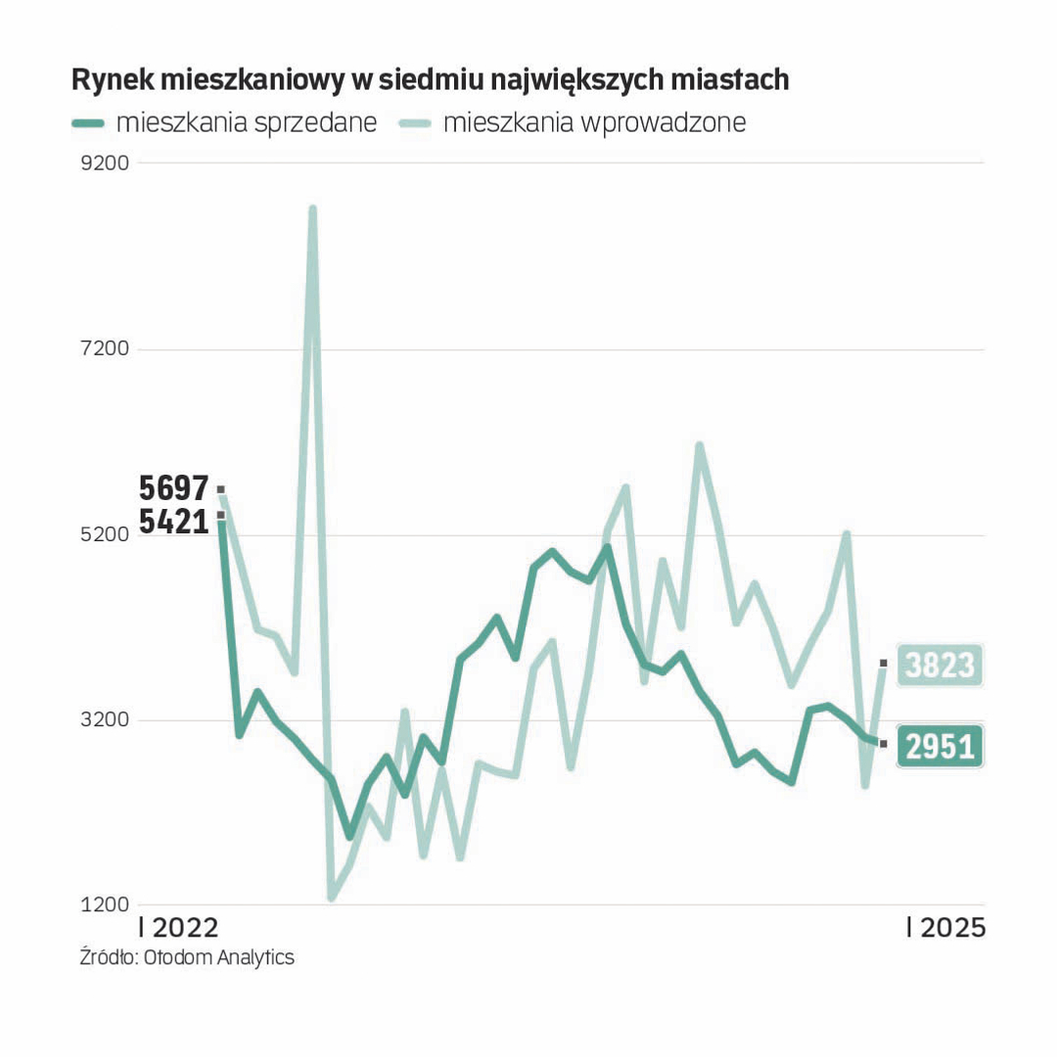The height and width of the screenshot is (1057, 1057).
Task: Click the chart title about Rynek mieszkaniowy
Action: (x=430, y=80)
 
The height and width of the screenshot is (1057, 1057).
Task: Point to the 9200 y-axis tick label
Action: (x=105, y=162)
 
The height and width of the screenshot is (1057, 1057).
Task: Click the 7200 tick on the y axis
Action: (x=105, y=349)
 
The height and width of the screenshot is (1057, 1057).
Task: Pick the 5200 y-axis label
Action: (x=105, y=535)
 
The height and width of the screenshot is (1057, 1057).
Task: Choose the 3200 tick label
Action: (x=105, y=720)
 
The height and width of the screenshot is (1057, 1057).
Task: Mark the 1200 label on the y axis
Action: (x=105, y=905)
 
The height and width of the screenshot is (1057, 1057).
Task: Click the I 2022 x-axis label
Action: (x=179, y=928)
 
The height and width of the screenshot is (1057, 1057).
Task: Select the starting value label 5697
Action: (x=174, y=487)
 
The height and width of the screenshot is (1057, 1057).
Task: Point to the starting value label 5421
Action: (x=174, y=521)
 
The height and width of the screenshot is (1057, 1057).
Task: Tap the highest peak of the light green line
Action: (x=312, y=208)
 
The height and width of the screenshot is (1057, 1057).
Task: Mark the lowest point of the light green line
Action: (x=332, y=896)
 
